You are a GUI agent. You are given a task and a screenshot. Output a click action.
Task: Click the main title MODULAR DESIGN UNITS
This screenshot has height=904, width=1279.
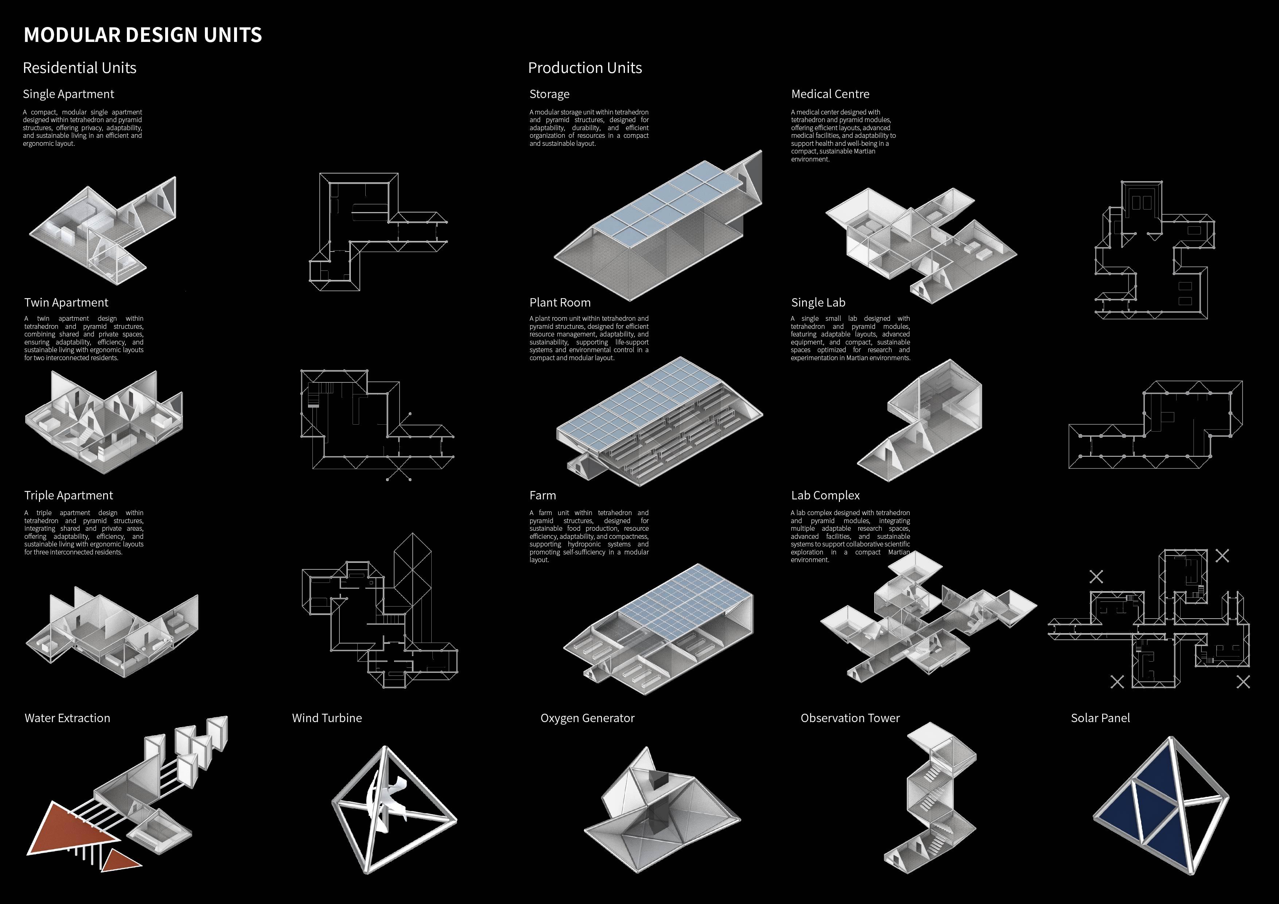[x=143, y=35]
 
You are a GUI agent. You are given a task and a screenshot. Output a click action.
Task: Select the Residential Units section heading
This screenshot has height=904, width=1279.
[x=79, y=68]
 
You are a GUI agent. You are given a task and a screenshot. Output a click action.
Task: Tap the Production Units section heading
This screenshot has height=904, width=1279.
[x=585, y=68]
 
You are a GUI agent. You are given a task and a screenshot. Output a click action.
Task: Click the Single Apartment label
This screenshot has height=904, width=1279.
[x=69, y=94]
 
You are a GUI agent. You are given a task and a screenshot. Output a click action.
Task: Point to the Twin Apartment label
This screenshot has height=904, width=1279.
[x=66, y=303]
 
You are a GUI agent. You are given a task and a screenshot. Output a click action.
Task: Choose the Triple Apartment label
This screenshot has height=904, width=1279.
[x=69, y=495]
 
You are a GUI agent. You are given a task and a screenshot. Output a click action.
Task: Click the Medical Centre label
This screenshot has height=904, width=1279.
[x=830, y=94]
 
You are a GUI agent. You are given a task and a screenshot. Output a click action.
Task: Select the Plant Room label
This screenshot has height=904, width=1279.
[x=560, y=303]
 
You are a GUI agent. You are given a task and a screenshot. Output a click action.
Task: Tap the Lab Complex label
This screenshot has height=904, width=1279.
[x=825, y=495]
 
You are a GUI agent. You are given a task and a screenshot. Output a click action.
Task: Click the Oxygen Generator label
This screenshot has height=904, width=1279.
[x=587, y=718]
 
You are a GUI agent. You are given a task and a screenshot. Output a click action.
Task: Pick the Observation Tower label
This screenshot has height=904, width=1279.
[x=850, y=718]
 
